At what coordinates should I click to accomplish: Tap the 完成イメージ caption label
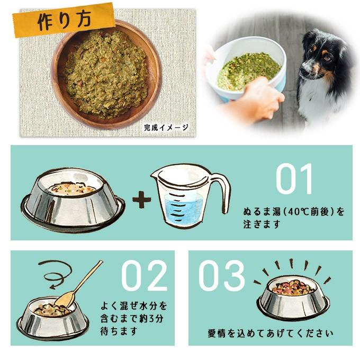tap(165, 127)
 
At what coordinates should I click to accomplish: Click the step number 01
tap(294, 180)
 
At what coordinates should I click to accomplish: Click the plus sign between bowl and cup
tap(141, 200)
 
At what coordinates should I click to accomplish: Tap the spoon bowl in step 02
tap(65, 300)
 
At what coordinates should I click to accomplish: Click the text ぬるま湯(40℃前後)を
tap(294, 212)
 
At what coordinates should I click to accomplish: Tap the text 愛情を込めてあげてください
tap(271, 334)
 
